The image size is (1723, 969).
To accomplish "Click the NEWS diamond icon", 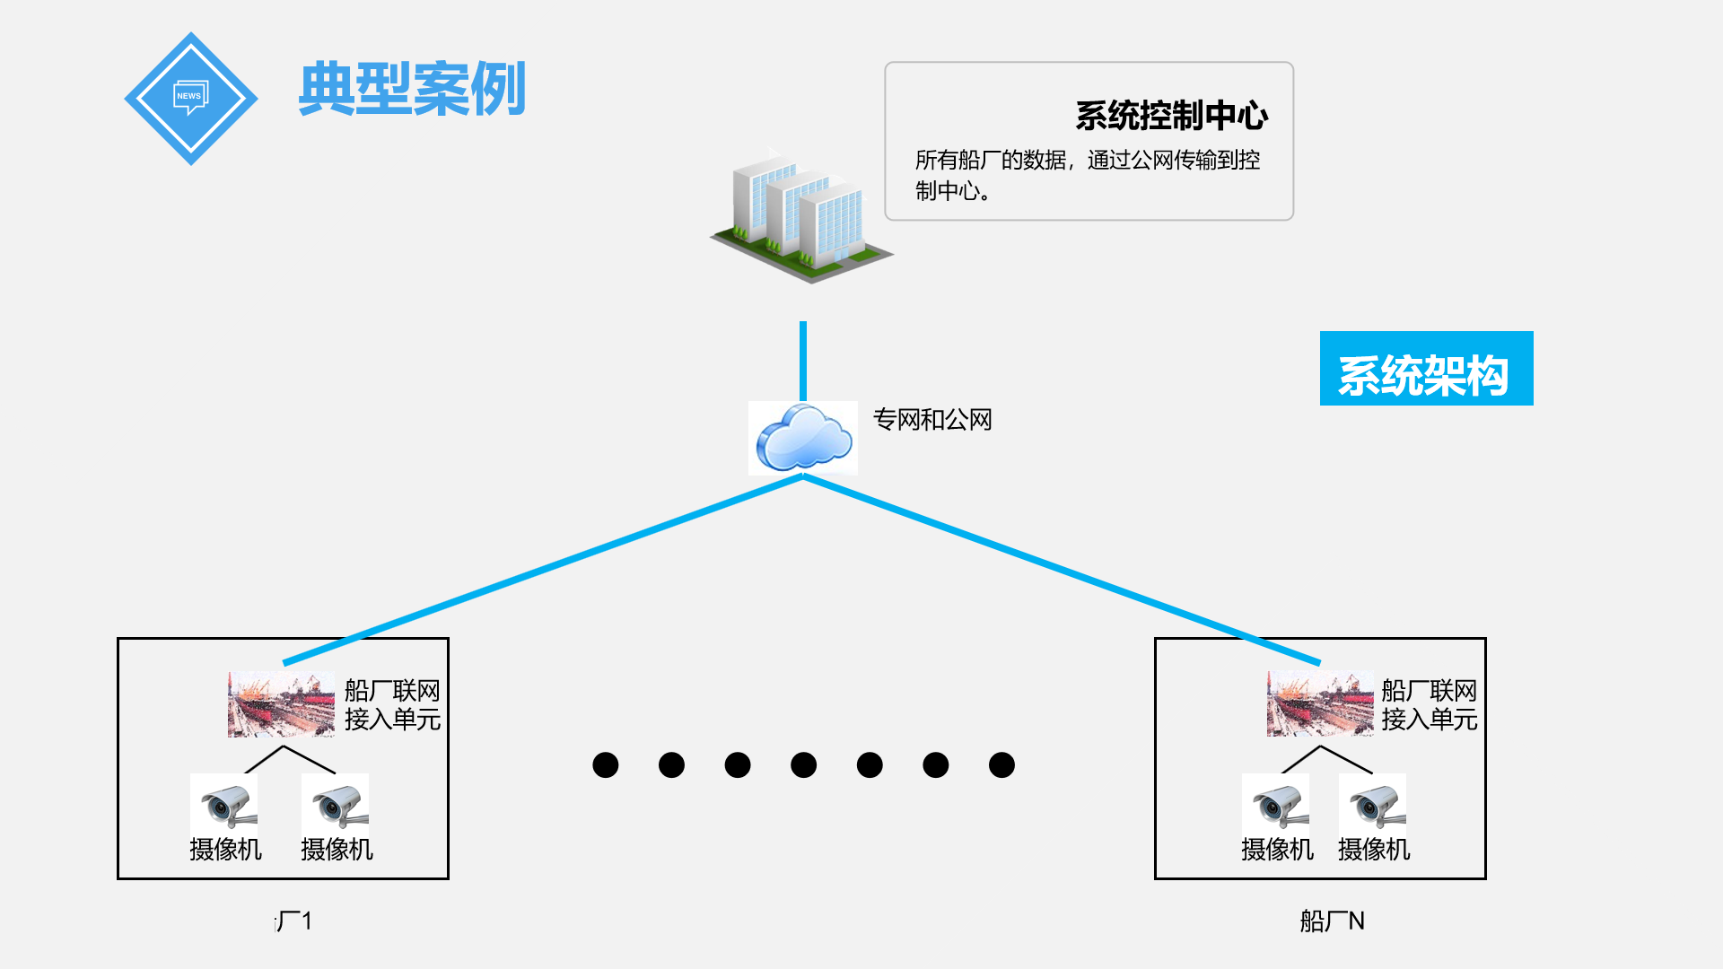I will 190,98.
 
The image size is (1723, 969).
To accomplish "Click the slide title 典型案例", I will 411,89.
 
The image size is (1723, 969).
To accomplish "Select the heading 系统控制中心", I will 1171,116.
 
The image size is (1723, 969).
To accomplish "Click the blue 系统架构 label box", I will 1425,369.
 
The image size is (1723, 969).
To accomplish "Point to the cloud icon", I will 803,438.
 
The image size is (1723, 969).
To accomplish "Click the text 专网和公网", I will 932,420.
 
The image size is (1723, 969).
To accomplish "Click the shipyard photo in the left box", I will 281,704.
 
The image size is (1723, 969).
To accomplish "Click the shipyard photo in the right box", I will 1319,704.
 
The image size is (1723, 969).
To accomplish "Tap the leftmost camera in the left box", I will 224,803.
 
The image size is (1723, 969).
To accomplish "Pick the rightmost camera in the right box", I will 1372,803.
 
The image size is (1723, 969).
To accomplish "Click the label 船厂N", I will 1332,921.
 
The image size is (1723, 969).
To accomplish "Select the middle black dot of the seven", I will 803,765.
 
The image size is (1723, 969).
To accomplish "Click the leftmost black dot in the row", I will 606,765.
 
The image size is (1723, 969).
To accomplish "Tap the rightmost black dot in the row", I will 1001,765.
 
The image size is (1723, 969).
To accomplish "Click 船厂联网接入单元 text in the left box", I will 392,705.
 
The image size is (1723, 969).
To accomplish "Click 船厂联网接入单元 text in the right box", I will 1429,705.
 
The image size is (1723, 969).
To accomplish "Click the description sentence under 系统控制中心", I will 1087,175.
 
